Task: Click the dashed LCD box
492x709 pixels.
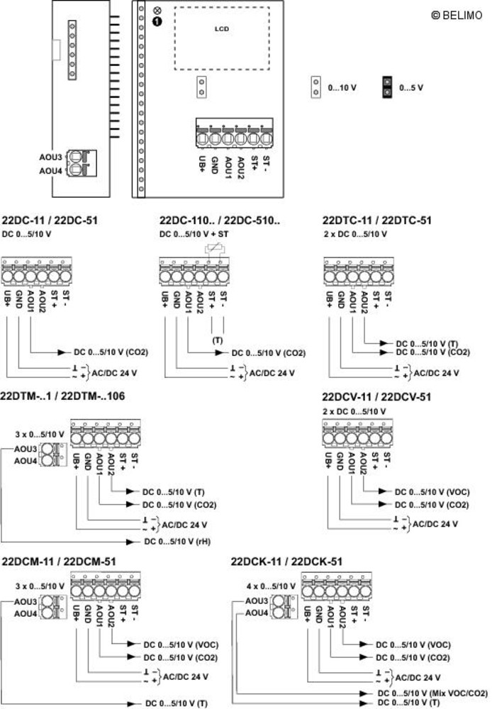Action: pyautogui.click(x=221, y=38)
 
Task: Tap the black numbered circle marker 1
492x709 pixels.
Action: pyautogui.click(x=157, y=22)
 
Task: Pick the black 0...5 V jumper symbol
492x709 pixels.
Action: pyautogui.click(x=387, y=87)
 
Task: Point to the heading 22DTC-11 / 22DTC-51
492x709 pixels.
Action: pyautogui.click(x=376, y=220)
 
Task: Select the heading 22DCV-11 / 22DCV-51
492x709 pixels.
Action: pyautogui.click(x=376, y=397)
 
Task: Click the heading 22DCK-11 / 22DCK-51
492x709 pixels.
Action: pyautogui.click(x=286, y=562)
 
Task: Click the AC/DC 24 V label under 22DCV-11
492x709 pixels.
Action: pyautogui.click(x=435, y=524)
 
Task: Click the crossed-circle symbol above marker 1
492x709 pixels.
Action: pyautogui.click(x=157, y=10)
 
